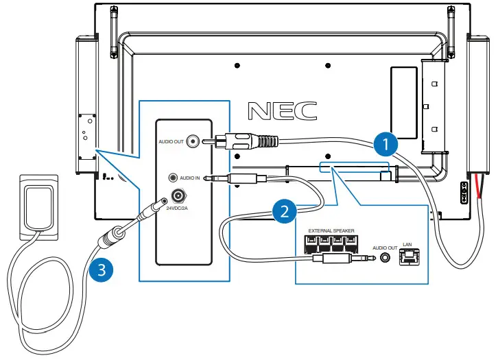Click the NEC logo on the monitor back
coord(282,111)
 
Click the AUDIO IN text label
coord(189,178)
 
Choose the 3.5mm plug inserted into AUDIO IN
coord(237,178)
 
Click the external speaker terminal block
coord(331,244)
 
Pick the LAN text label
coord(407,244)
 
